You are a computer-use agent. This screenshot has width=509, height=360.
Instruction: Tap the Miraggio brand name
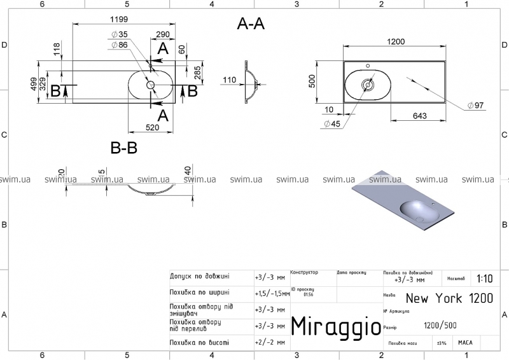click(336, 325)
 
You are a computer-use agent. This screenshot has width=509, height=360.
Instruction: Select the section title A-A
click(251, 24)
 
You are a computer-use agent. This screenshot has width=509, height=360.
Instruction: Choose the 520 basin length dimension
click(152, 127)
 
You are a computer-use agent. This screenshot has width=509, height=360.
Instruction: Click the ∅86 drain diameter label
click(120, 45)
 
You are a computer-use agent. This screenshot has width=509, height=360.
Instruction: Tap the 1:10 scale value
click(483, 279)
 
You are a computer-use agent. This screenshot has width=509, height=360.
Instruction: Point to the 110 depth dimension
click(230, 80)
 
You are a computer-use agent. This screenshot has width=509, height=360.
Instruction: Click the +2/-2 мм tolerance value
click(269, 342)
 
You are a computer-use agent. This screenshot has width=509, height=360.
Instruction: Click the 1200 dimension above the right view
click(396, 41)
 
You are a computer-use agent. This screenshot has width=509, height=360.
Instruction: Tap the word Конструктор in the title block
click(303, 272)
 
